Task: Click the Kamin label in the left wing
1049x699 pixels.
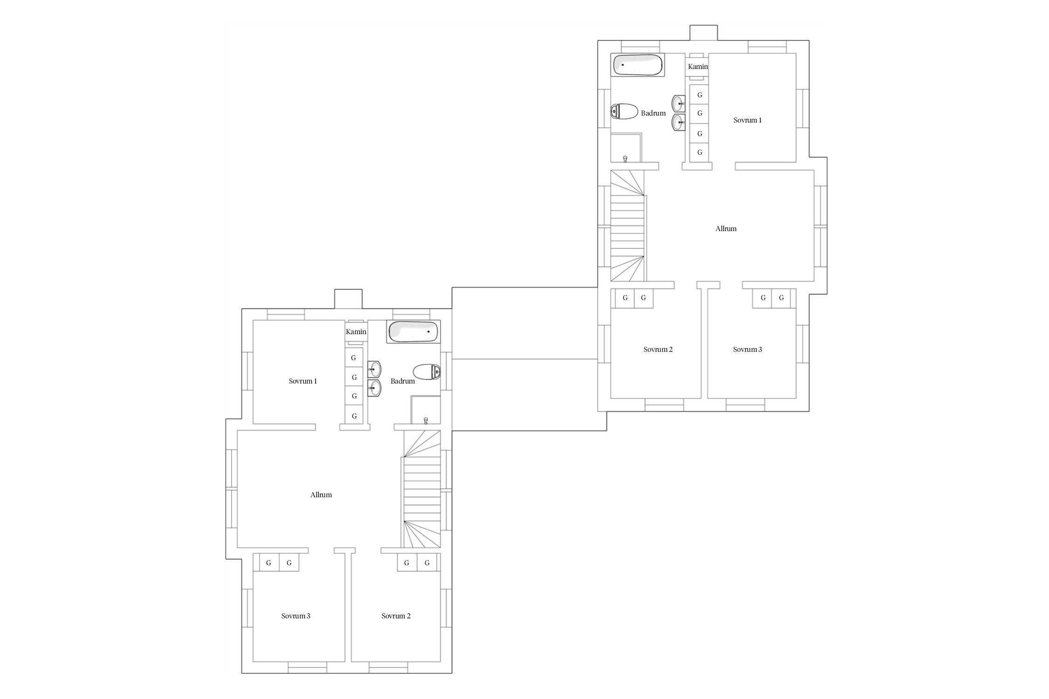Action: click(x=356, y=332)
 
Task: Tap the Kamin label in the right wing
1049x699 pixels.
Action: click(x=698, y=67)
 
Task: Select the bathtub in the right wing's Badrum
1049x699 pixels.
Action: click(x=638, y=65)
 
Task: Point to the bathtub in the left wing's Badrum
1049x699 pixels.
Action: click(x=414, y=332)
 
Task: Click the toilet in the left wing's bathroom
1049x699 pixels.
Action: click(x=427, y=372)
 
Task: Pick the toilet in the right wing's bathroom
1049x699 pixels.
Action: click(x=624, y=111)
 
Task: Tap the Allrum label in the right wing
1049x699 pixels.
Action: click(x=726, y=229)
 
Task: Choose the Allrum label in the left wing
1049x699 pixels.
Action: click(x=321, y=495)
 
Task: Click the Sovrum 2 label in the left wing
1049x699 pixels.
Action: click(x=396, y=616)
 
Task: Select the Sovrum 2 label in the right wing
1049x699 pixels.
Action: click(x=658, y=349)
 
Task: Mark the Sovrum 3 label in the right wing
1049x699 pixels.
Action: click(x=747, y=349)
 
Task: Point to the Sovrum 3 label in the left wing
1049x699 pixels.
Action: click(x=296, y=616)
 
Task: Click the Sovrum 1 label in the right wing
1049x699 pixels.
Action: click(x=747, y=120)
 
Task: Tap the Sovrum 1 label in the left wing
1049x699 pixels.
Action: click(x=303, y=381)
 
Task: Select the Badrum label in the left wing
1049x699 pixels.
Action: click(x=403, y=381)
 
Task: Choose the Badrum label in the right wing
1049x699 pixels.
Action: click(x=653, y=113)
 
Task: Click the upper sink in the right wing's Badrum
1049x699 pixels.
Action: click(x=678, y=103)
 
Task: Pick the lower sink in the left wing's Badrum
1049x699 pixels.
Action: click(x=374, y=388)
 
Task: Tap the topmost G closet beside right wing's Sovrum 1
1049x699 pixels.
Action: click(x=699, y=95)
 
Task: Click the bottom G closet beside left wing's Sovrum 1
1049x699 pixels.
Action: click(x=354, y=415)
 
